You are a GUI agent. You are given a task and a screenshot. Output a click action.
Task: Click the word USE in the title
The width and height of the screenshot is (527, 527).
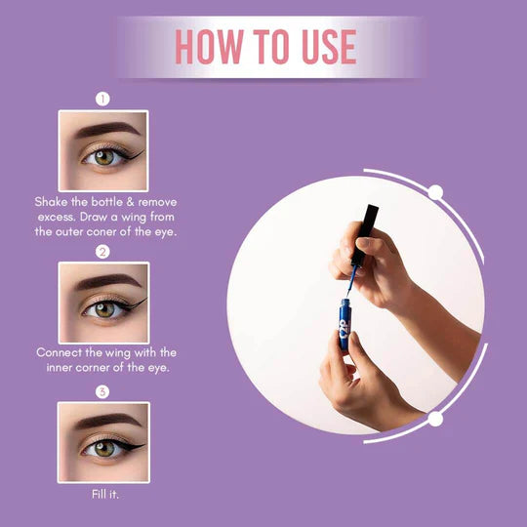[320, 46]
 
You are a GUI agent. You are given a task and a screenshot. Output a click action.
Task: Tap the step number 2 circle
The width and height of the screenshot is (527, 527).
[102, 251]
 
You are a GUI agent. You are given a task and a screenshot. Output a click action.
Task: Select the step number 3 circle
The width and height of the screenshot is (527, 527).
[102, 392]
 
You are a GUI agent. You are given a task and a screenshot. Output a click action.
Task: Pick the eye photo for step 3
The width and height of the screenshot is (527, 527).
[102, 442]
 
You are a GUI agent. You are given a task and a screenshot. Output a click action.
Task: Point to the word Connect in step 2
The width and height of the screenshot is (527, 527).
[63, 352]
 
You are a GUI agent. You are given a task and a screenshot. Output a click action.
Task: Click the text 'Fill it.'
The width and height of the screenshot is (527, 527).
[103, 494]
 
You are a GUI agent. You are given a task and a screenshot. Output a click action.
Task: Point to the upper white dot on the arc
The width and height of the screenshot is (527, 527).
[436, 192]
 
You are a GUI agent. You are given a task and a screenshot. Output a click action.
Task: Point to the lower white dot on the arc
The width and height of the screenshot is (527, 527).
[436, 420]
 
